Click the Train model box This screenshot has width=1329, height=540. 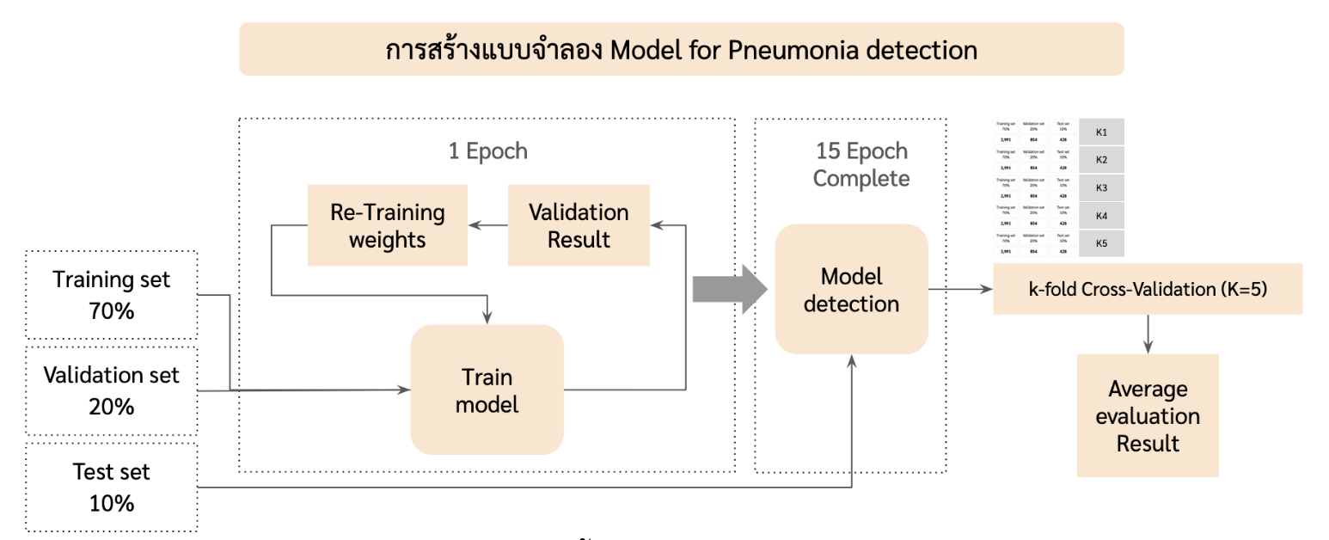487,390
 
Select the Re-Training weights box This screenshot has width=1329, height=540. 388,225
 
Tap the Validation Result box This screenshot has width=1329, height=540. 578,225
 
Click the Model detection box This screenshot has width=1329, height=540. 851,289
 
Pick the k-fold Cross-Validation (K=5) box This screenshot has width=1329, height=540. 1147,290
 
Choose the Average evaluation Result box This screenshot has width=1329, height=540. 1147,415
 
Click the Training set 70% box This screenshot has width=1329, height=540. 112,295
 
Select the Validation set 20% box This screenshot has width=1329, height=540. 112,391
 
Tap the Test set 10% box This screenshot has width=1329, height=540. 112,486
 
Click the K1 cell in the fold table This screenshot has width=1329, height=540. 1101,132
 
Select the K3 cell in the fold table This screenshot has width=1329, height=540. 1101,187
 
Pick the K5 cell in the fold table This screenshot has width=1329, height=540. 1101,243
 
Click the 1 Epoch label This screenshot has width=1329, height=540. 487,151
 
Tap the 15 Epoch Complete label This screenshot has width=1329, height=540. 860,164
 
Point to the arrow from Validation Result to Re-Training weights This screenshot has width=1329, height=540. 487,225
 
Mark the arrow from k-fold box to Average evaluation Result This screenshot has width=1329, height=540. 1147,334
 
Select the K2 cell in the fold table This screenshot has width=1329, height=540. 1101,160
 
